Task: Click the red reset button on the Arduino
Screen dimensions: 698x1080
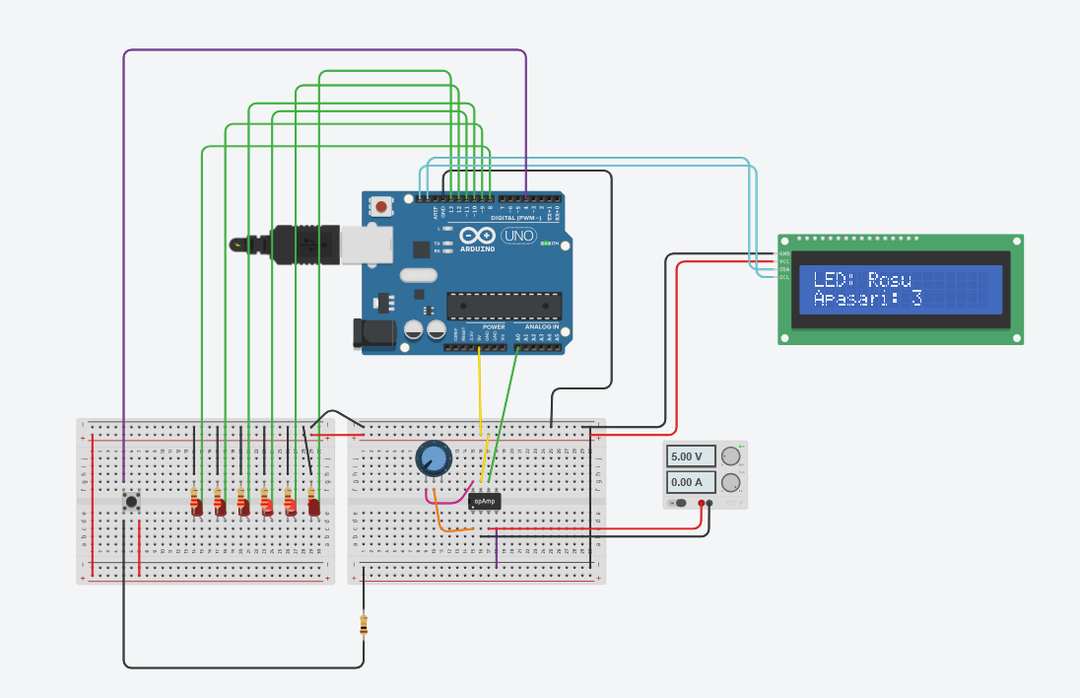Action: point(380,207)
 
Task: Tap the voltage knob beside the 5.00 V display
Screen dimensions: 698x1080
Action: point(730,455)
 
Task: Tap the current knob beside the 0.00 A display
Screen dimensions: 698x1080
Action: point(730,482)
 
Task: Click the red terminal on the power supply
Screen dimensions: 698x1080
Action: point(702,504)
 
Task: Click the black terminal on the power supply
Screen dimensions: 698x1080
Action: point(709,504)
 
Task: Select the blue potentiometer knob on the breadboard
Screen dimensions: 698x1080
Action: point(433,457)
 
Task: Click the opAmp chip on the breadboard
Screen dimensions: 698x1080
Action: point(484,501)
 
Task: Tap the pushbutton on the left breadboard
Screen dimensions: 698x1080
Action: point(131,501)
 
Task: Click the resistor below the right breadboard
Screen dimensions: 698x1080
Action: point(364,624)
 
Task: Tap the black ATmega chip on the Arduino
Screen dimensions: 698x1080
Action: point(504,306)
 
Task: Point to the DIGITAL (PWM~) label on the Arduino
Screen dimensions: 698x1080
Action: point(508,218)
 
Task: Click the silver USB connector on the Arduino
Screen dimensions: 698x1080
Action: point(366,245)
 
